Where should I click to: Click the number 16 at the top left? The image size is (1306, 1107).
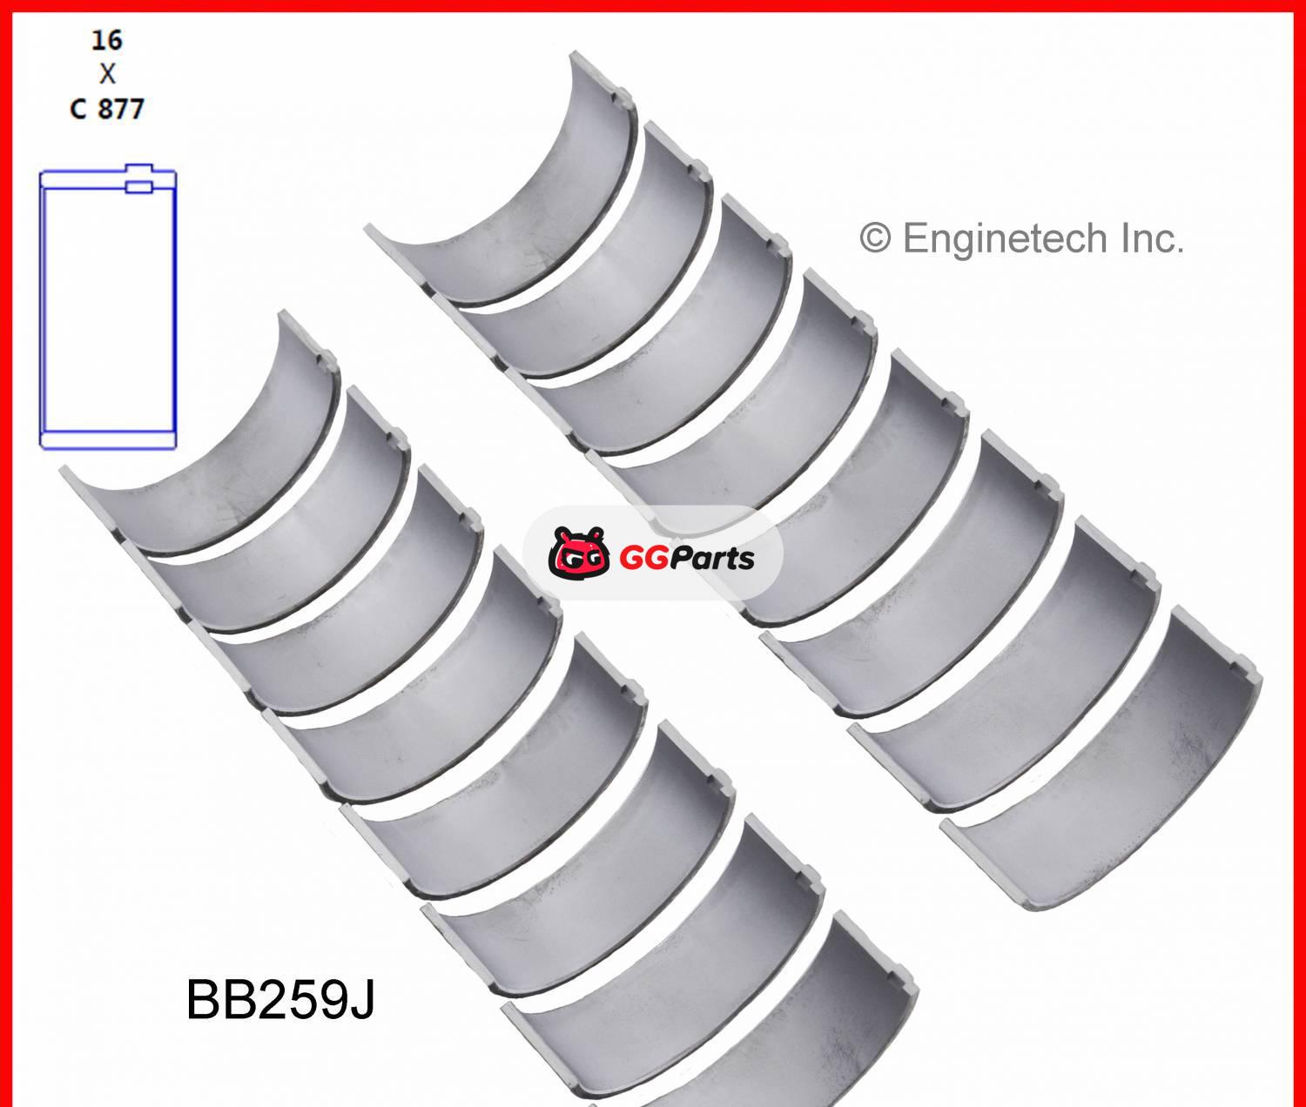tap(107, 40)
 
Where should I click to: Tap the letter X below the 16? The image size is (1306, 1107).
tap(107, 74)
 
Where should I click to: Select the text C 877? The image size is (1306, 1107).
tap(107, 109)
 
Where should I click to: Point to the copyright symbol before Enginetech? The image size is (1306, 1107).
tap(875, 238)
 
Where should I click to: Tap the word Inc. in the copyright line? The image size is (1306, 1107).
tap(1150, 238)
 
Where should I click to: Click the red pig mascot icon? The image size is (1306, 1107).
tap(578, 553)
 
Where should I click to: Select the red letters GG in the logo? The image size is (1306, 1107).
tap(645, 556)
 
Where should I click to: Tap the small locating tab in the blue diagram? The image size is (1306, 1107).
tap(138, 186)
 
